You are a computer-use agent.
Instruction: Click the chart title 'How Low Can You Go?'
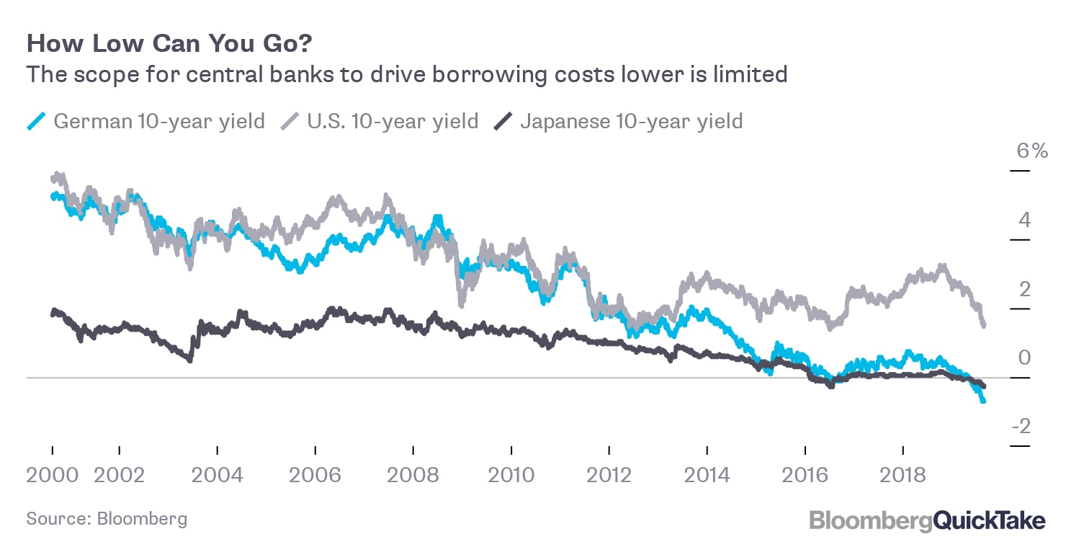coord(169,44)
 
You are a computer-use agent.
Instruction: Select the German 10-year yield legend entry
coord(158,120)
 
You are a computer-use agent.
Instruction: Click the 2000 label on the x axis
coord(53,475)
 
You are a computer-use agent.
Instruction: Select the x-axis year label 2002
coord(119,475)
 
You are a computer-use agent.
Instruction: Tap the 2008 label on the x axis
coord(413,475)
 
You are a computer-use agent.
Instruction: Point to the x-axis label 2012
coord(609,475)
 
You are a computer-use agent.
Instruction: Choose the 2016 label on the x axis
coord(805,475)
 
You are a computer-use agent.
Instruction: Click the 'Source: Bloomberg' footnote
coord(107,518)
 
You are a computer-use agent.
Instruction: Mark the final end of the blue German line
coord(983,401)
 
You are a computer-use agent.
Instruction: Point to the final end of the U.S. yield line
coord(983,326)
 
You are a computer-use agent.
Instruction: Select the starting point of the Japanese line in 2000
coord(53,312)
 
